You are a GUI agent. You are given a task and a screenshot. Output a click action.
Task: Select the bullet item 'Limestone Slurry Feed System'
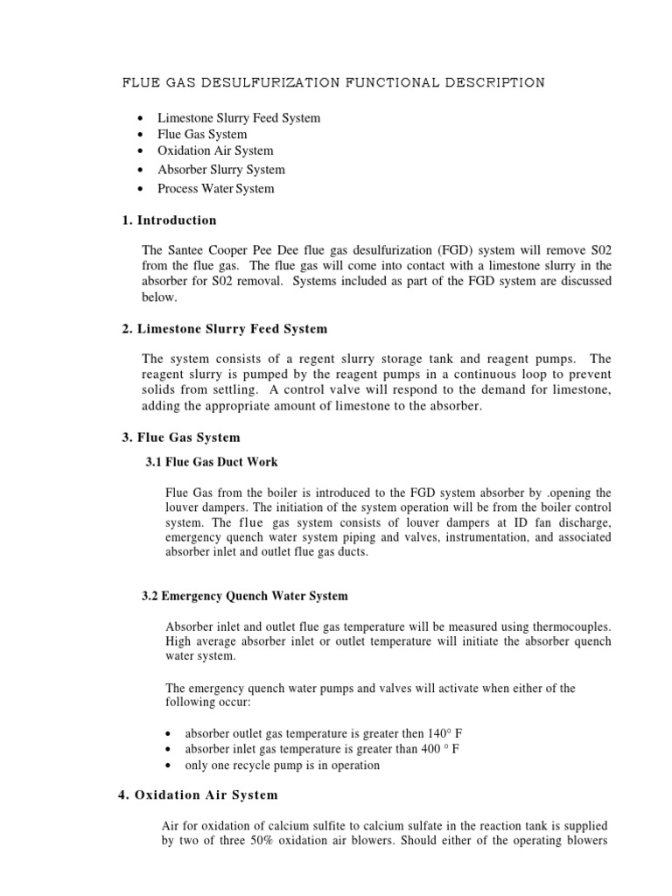238,117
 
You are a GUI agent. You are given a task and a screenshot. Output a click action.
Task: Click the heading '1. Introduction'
166,220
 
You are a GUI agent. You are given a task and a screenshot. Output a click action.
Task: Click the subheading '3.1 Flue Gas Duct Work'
212,462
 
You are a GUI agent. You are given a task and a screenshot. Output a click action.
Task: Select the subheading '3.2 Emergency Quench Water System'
245,596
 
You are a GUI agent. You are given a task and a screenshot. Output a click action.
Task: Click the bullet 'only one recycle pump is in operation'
282,765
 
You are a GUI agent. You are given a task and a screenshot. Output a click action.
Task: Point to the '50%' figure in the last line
268,842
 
